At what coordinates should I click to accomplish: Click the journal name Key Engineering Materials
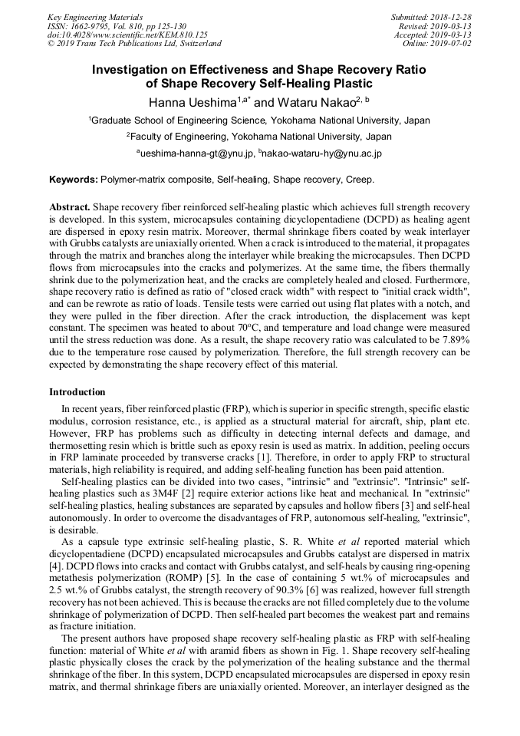coord(94,16)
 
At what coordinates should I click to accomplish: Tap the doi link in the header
coord(127,35)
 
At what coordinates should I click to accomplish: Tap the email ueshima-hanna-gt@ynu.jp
coord(197,153)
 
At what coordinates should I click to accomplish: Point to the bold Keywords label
coord(74,180)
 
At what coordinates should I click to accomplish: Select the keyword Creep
coord(359,180)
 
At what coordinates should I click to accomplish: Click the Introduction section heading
coord(77,392)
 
